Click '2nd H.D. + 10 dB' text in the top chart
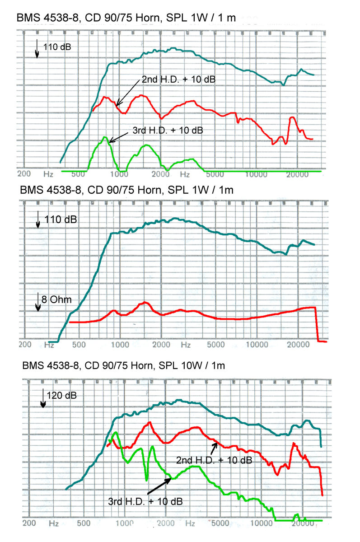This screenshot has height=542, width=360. pos(178,79)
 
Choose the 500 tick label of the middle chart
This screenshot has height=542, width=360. pos(79,345)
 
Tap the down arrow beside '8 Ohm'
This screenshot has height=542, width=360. pos(38,301)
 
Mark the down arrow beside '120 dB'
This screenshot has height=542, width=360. pos(43,398)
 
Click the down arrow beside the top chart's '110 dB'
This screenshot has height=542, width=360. pos(37,49)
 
